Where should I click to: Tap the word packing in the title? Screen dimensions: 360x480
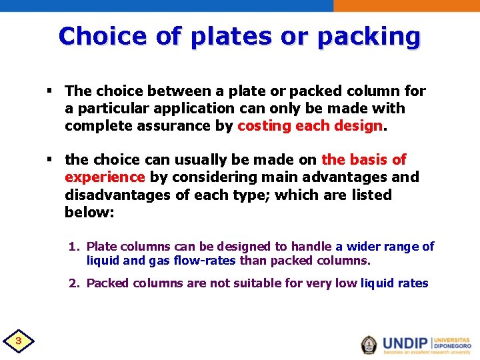click(369, 37)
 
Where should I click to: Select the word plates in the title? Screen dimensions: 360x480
click(225, 37)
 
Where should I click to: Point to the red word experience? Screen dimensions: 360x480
click(105, 177)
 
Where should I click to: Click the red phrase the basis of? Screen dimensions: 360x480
click(363, 160)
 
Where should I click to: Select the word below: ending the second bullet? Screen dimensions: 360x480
click(89, 213)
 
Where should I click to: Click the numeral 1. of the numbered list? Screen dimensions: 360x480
click(75, 247)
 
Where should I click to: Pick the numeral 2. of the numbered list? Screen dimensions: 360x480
click(75, 283)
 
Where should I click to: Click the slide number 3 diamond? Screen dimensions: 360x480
click(19, 342)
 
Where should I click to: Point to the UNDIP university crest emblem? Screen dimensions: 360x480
click(369, 344)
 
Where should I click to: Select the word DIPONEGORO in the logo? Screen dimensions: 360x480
click(452, 347)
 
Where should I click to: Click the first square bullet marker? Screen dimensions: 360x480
click(51, 91)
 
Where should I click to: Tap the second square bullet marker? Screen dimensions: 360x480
click(51, 160)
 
